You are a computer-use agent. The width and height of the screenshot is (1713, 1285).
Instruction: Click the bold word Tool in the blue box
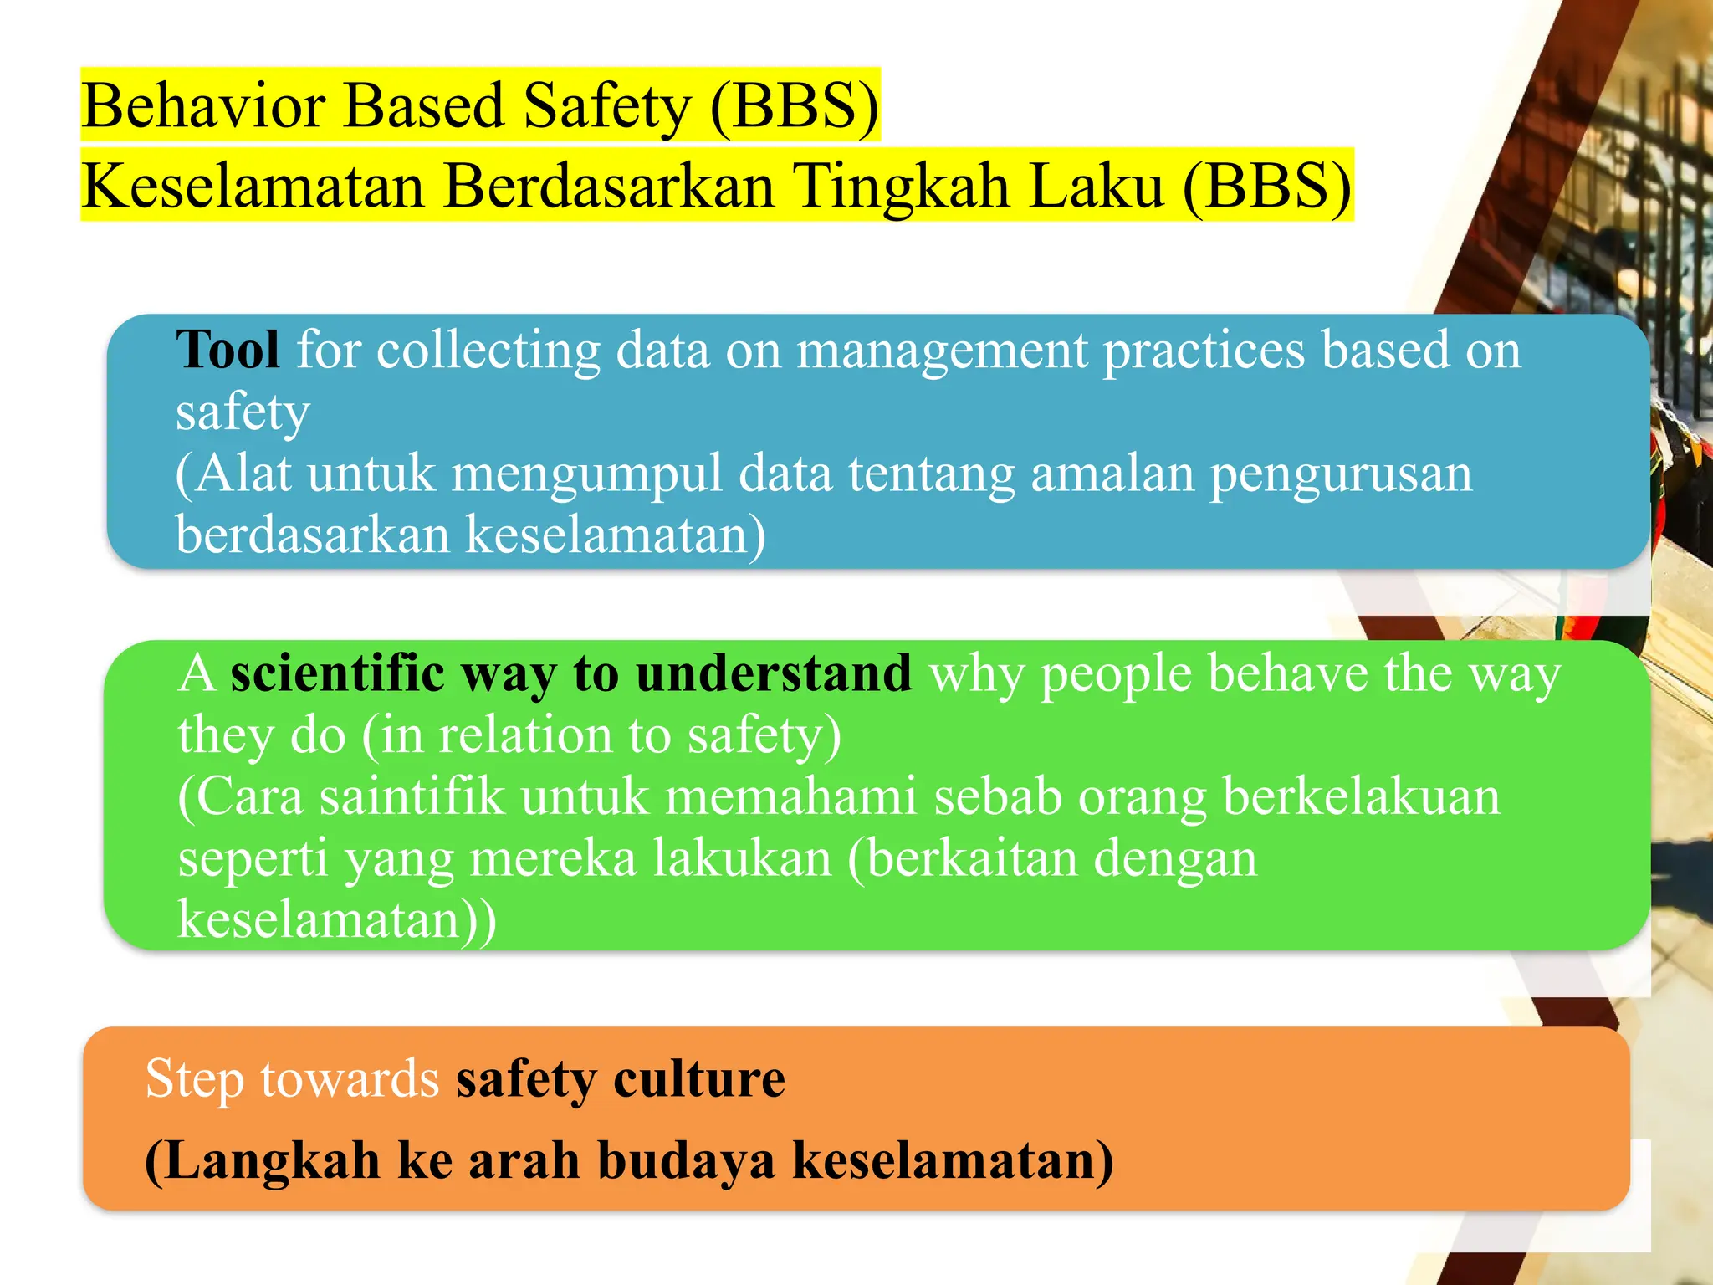tap(228, 350)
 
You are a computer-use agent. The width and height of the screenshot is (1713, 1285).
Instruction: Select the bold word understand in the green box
tap(774, 673)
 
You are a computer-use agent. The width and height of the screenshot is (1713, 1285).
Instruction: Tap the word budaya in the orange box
tap(687, 1161)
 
